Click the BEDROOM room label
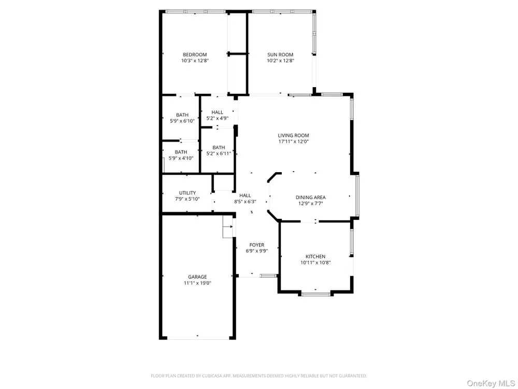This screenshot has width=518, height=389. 195,54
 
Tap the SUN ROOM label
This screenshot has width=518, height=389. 280,54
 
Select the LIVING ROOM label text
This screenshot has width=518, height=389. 293,135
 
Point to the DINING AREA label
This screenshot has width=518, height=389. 310,198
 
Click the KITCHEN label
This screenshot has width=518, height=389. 315,256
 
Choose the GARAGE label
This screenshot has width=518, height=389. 197,277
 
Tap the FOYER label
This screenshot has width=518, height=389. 257,245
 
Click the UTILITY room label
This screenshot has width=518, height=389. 188,193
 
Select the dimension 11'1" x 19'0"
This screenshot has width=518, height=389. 197,283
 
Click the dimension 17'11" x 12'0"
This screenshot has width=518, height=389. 293,142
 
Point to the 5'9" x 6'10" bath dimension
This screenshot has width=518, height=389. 182,121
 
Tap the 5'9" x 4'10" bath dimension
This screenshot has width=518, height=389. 181,158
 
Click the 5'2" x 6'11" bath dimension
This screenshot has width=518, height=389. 219,154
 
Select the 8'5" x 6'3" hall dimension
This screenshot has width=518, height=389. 245,201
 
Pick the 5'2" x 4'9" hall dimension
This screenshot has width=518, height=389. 218,118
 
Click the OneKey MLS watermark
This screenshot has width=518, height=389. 491,383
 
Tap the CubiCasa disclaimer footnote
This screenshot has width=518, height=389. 258,376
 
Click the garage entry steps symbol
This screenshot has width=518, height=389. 227,227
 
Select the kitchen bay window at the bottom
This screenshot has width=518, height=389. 316,294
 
